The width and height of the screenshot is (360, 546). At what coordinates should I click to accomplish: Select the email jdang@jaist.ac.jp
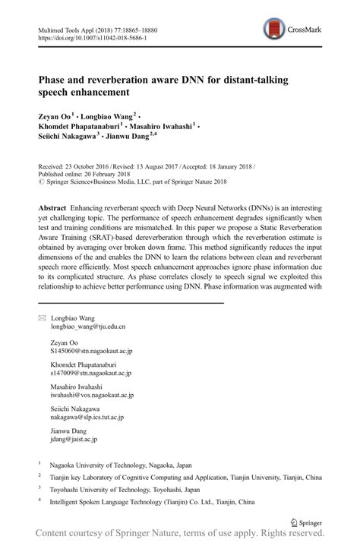[74, 439]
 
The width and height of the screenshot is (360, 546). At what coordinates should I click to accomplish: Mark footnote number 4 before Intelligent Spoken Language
[39, 501]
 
